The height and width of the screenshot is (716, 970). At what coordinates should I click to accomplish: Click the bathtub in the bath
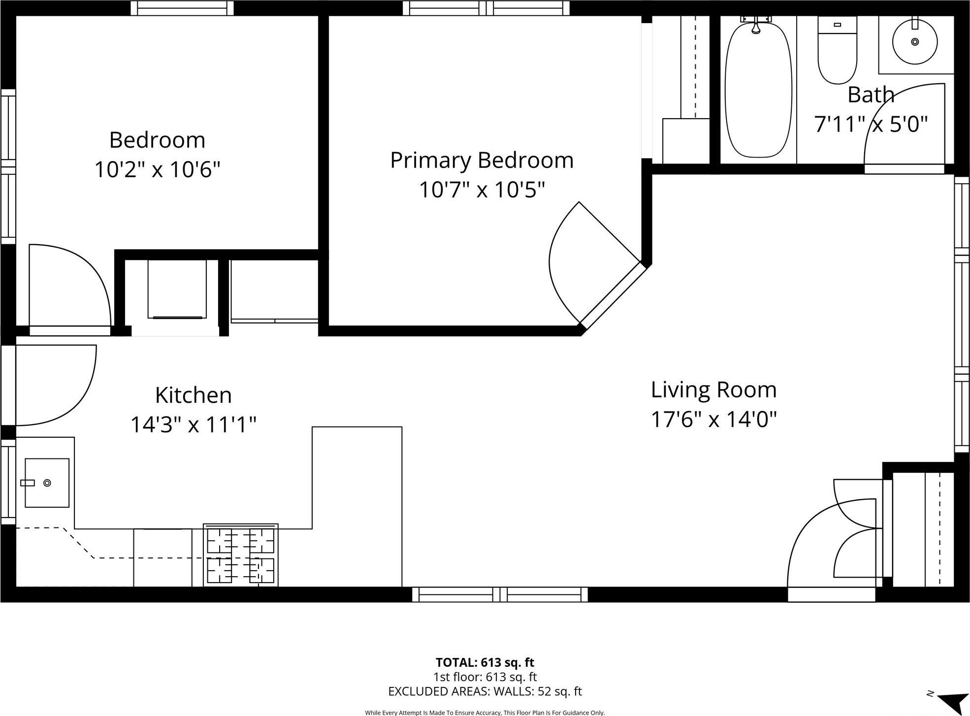coord(758,91)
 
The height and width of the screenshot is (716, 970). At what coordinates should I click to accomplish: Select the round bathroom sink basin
coord(915,42)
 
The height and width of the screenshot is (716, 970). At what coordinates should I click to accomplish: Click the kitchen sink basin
coord(47,483)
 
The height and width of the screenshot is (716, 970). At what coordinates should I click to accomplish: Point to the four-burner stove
coord(241,555)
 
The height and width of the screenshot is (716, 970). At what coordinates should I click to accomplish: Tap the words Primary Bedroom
coord(482,161)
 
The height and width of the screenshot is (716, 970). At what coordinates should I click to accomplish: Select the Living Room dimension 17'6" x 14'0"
coord(713,420)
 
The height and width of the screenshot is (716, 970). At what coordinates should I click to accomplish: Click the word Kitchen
coord(193,395)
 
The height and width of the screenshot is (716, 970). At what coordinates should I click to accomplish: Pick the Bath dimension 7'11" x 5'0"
coord(871,124)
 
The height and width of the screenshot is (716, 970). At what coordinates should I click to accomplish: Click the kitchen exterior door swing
coord(54,384)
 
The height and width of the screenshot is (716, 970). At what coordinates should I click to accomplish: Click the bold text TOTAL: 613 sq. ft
coord(485,662)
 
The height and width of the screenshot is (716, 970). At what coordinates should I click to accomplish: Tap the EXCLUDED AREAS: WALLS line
coord(485,691)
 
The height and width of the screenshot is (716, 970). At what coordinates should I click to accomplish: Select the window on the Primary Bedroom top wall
coord(486,8)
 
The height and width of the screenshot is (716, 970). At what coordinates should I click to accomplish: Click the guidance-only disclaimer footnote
coord(485,713)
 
